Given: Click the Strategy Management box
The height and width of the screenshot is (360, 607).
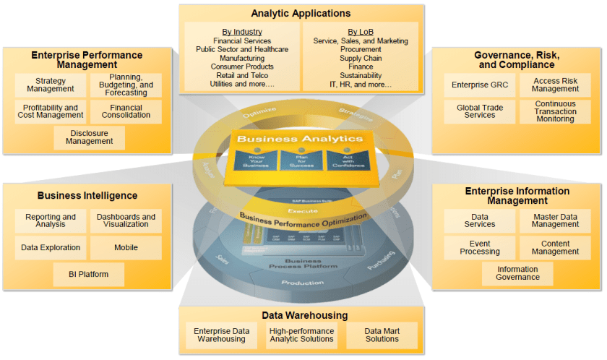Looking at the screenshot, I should click(50, 85).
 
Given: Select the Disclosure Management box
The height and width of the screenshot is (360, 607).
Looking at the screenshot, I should click(89, 137).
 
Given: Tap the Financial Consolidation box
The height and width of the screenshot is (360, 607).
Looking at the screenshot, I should click(126, 111).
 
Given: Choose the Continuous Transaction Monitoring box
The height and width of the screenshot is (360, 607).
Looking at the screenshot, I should click(554, 111).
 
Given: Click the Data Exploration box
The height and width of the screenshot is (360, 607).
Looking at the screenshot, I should click(50, 247).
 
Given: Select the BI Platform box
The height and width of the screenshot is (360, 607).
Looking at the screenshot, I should click(89, 274).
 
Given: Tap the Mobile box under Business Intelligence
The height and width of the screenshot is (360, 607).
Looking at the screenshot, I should click(126, 247).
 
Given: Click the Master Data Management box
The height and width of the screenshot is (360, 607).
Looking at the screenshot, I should click(554, 220).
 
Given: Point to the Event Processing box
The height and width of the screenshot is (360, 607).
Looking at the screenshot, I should click(479, 247).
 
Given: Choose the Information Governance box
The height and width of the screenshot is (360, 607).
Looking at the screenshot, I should click(517, 273).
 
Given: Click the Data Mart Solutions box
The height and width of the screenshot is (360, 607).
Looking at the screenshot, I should click(382, 335).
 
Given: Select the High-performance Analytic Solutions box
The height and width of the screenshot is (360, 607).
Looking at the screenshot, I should click(301, 335).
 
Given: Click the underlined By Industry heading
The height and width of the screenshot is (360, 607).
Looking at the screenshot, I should click(242, 32).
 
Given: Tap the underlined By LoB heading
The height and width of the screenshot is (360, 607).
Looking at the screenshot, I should click(360, 32).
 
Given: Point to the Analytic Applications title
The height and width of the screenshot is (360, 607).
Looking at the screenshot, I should click(301, 13).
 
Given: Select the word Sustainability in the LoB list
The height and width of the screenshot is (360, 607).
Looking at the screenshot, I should click(360, 75).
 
